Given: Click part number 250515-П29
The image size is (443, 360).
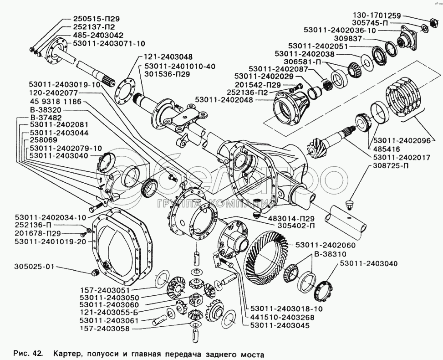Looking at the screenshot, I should [x=96, y=19].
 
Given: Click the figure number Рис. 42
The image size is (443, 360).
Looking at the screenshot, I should [x=28, y=353].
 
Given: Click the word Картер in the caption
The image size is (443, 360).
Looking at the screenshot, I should [x=67, y=353].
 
